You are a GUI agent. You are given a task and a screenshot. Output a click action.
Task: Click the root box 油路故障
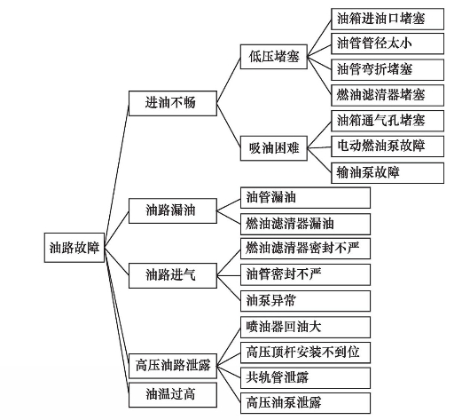pos(74,248)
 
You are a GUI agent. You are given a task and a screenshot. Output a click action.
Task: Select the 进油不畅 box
pos(173,103)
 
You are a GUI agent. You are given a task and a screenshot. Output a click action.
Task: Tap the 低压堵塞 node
pos(274,57)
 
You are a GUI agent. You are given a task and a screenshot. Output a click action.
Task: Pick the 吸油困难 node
pos(274,148)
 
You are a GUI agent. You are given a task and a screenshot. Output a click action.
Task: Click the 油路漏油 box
pos(173,210)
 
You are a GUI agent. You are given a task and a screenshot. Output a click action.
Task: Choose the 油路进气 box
pos(173,275)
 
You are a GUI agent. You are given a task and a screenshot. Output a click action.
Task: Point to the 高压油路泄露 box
pos(173,366)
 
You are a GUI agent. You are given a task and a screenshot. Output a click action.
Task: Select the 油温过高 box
pos(173,395)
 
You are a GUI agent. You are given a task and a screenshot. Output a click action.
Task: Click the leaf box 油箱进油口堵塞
pos(388,19)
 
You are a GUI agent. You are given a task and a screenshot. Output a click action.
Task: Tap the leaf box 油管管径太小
pos(388,44)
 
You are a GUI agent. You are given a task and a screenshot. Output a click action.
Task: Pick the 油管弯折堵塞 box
pos(388,69)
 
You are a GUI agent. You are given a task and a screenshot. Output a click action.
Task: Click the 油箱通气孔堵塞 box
pos(388,121)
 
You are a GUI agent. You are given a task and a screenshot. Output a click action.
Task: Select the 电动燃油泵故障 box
pos(388,147)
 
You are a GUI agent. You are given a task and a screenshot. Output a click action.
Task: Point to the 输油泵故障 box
pos(388,173)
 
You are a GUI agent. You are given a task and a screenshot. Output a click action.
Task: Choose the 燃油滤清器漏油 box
pos(305,225)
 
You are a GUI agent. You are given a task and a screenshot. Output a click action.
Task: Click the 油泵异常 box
pos(305,301)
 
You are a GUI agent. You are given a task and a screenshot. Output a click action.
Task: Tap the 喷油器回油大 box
pos(305,327)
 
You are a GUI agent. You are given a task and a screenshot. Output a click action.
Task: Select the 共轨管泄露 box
pos(305,378)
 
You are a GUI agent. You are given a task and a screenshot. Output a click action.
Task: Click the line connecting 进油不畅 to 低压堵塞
pos(229,80)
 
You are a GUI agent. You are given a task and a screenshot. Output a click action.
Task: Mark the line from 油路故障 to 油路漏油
pos(116,229)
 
